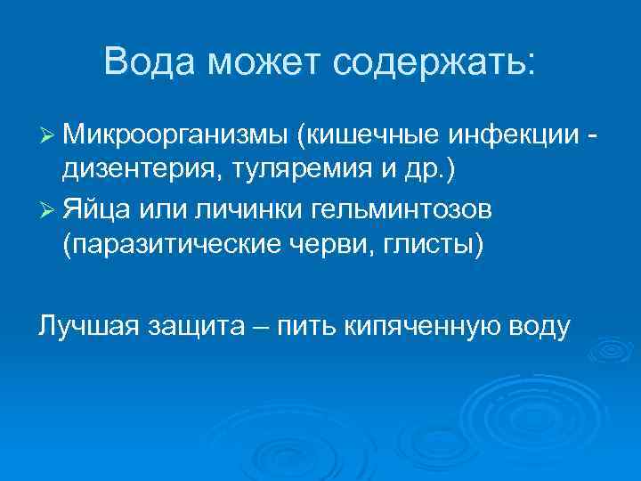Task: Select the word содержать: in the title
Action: click(434, 62)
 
